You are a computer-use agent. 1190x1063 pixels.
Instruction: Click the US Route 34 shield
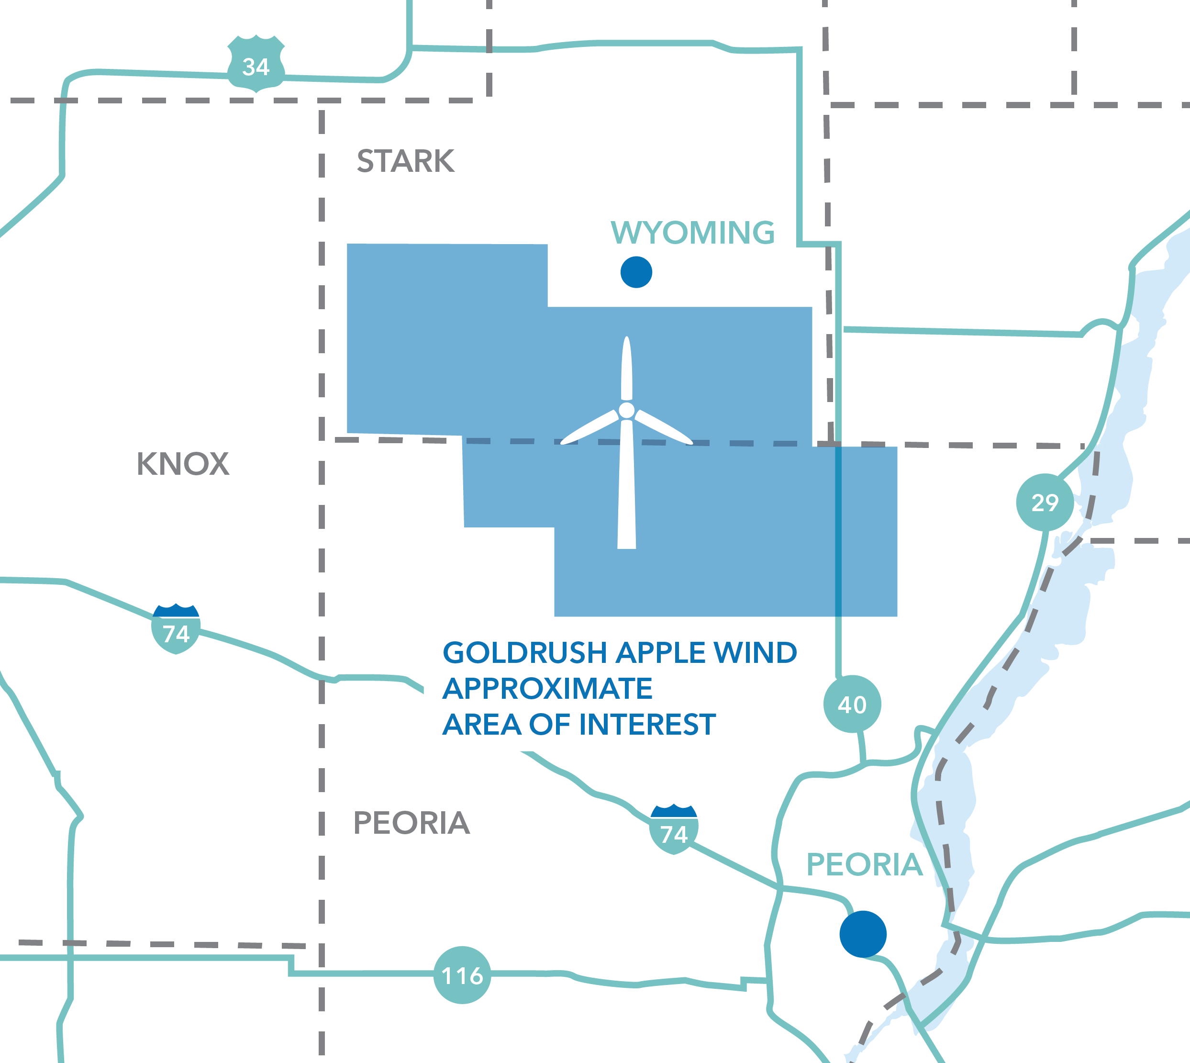pos(256,65)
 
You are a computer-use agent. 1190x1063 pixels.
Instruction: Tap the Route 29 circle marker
pos(1045,502)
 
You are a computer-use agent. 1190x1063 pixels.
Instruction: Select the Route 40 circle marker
pos(852,705)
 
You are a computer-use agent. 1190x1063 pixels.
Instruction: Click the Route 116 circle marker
pos(462,975)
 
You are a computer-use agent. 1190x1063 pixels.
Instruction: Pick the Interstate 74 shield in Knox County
pos(176,630)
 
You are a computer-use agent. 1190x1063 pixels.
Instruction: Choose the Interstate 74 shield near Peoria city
pos(674,830)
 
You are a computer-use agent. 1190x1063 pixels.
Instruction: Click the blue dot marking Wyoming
pos(636,272)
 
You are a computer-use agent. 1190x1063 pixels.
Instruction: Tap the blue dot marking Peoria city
pos(862,934)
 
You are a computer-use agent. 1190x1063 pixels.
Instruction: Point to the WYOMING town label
pos(693,233)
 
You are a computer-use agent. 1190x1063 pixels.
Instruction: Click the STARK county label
pos(405,161)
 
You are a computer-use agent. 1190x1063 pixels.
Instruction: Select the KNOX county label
pos(183,464)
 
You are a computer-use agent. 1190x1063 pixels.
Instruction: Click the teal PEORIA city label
pos(864,864)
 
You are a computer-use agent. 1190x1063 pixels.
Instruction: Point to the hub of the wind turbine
pos(626,411)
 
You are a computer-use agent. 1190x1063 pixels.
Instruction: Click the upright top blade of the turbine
pos(626,368)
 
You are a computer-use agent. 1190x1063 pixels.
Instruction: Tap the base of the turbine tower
pos(626,543)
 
